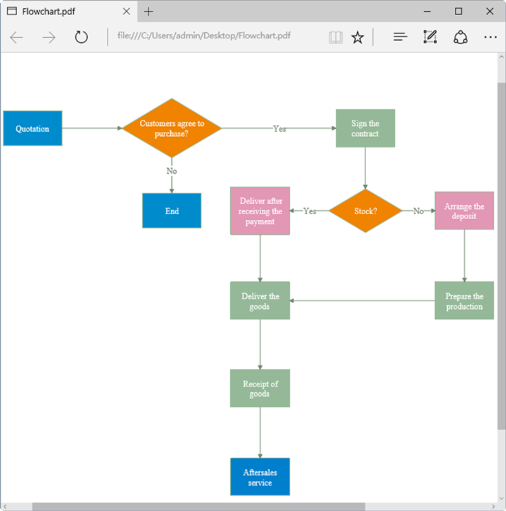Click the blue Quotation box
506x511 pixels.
click(x=33, y=128)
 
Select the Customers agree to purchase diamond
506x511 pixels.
click(x=171, y=128)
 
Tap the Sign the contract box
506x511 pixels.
click(x=366, y=128)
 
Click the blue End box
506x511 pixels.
click(x=171, y=210)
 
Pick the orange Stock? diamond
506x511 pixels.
click(x=366, y=211)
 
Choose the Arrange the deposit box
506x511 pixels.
click(x=464, y=210)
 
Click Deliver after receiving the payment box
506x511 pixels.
click(x=260, y=211)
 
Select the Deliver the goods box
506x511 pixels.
click(x=260, y=301)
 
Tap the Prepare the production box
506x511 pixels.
click(x=464, y=301)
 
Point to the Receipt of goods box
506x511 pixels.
click(x=260, y=388)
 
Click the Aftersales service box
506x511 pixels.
click(x=260, y=477)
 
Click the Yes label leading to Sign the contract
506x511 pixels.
click(x=280, y=129)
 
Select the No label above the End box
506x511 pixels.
click(x=171, y=171)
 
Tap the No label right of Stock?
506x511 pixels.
click(x=419, y=211)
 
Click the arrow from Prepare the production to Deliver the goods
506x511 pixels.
click(x=362, y=301)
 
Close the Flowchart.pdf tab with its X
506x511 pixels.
click(x=126, y=11)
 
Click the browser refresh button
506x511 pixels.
click(x=81, y=37)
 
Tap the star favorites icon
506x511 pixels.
click(x=357, y=37)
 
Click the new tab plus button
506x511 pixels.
click(x=149, y=12)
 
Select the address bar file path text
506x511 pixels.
click(x=204, y=35)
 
